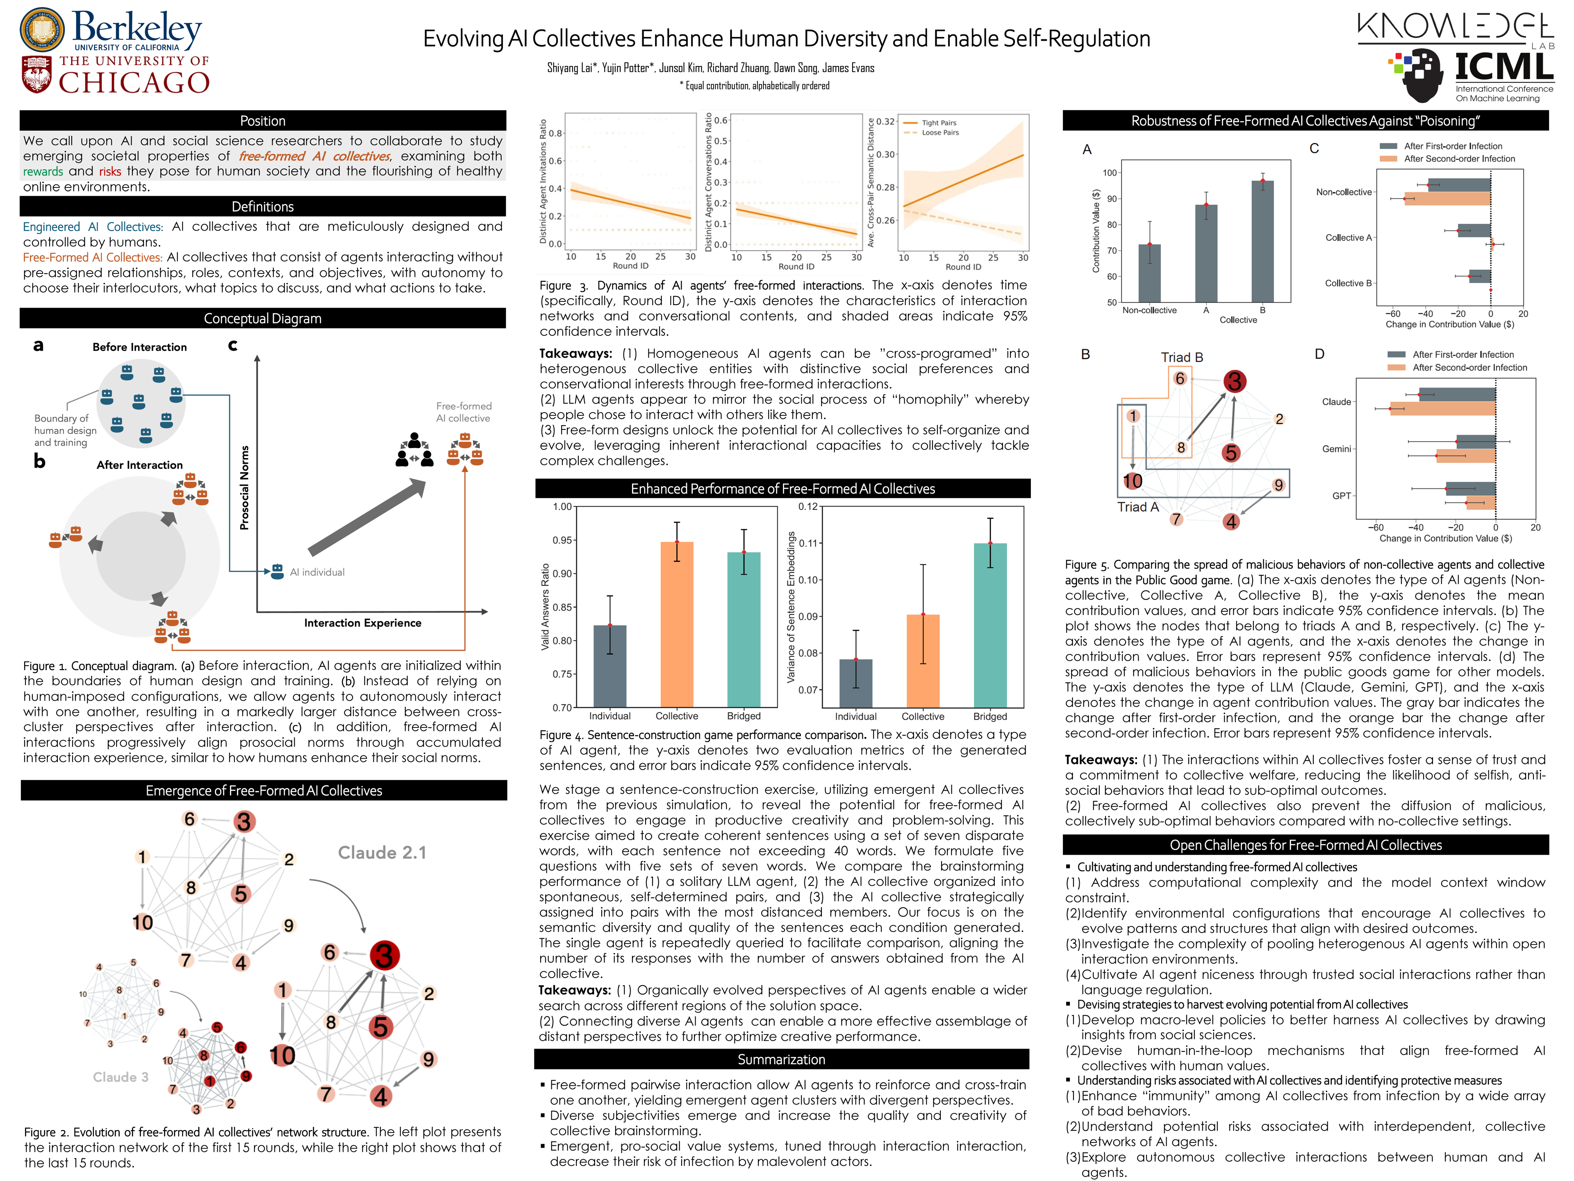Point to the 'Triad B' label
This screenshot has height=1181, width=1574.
pos(1181,357)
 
